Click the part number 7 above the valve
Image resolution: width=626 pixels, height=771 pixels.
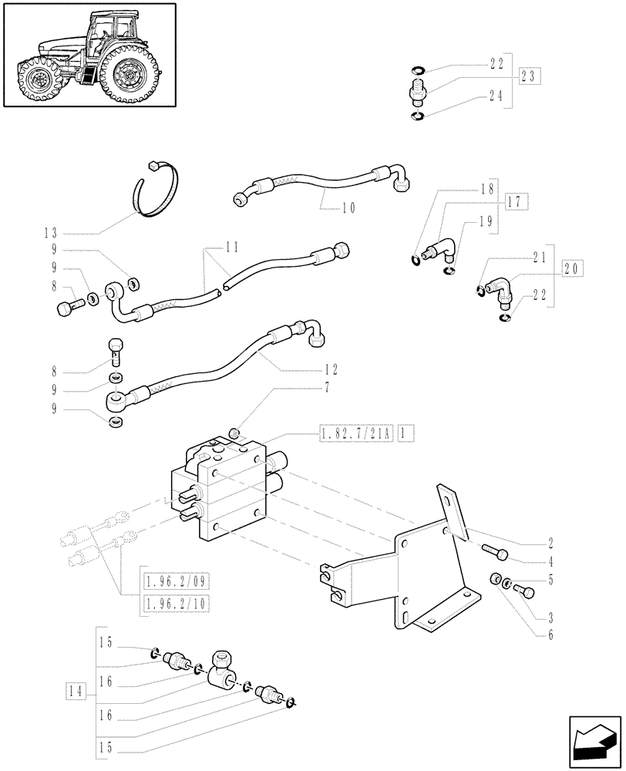(328, 387)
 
